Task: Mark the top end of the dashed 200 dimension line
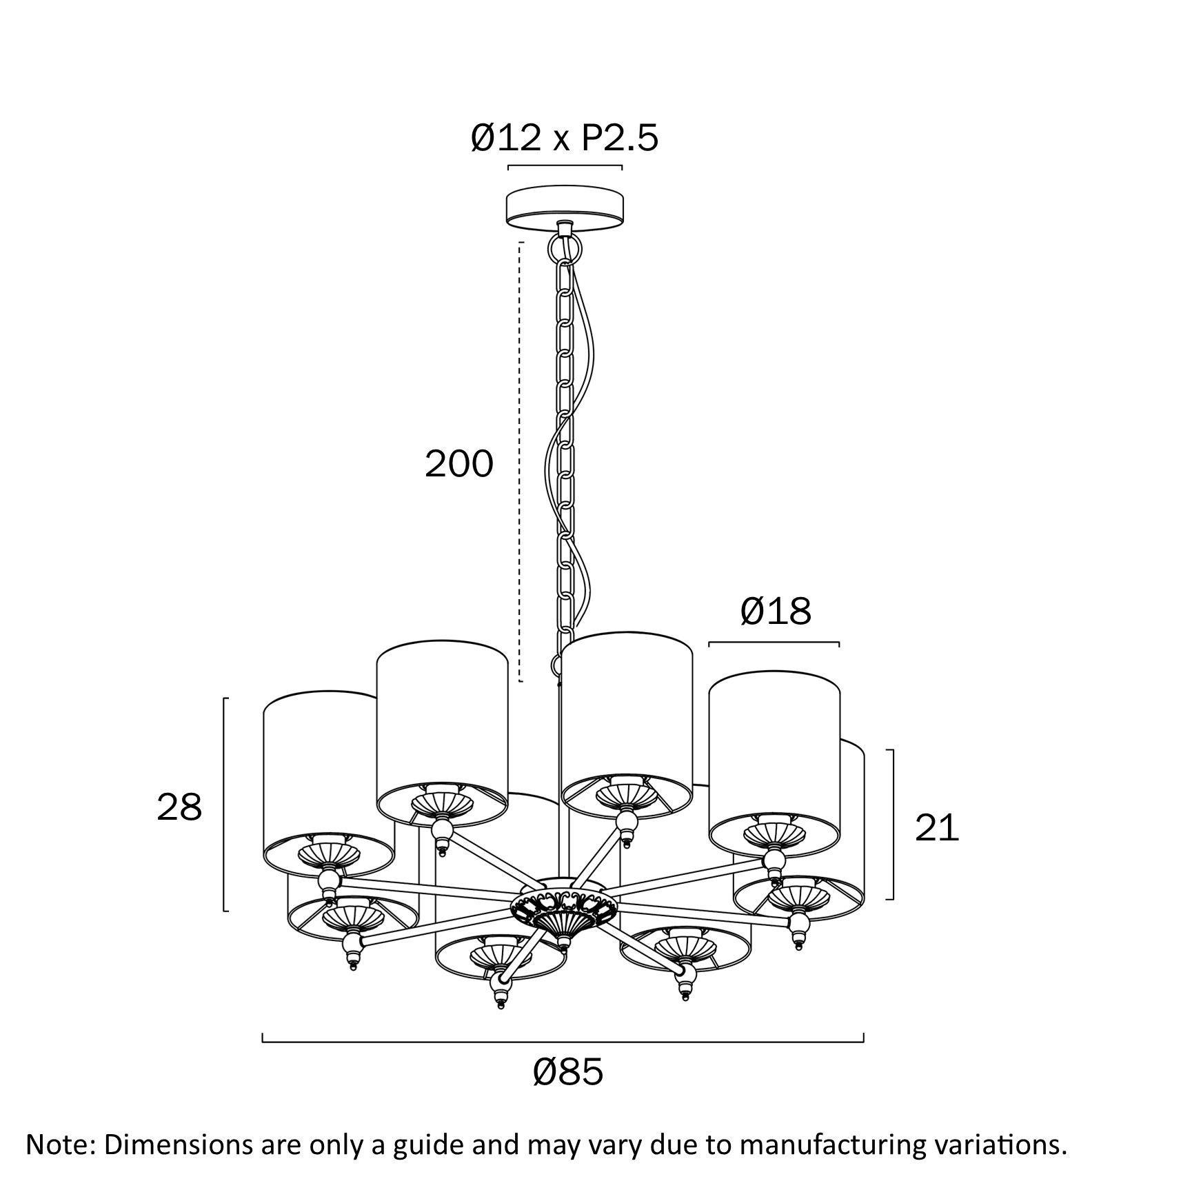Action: click(x=521, y=243)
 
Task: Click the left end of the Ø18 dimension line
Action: click(x=710, y=643)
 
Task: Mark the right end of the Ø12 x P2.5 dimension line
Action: click(x=621, y=167)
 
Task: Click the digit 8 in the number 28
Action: click(x=190, y=807)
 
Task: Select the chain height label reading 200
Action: click(x=459, y=463)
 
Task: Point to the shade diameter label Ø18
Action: click(x=776, y=611)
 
